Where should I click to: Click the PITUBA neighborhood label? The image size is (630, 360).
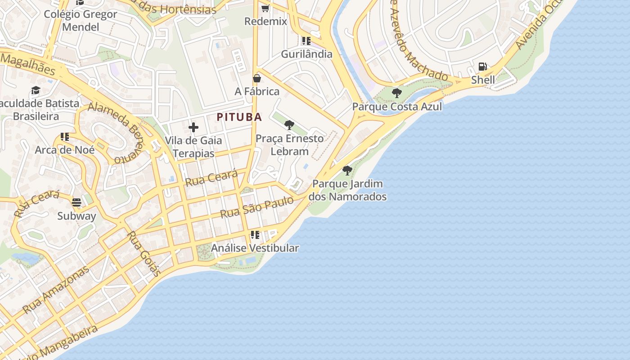pos(239,117)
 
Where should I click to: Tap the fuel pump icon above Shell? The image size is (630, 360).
pos(483,67)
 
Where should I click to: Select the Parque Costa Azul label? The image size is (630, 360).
pos(397,107)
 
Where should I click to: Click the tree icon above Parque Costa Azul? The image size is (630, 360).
pos(396,93)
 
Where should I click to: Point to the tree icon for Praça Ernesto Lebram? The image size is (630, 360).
pos(289,125)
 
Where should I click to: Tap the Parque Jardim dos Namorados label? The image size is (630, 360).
pos(347,190)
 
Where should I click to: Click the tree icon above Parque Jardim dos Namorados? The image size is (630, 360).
pos(347,170)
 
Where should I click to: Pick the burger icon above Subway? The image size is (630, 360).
pos(76,202)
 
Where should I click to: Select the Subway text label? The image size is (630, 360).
pos(76,216)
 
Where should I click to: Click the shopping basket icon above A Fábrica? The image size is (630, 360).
pos(257,78)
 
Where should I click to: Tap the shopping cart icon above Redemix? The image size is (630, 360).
pos(265,8)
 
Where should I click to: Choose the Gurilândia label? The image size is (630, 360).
pos(306,54)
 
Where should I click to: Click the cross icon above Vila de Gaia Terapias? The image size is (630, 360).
pos(193,127)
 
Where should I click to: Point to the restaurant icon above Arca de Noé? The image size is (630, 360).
pos(65,136)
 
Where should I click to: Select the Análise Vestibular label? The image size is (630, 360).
pos(255,248)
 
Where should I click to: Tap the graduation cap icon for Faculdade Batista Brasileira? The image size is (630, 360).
pos(36,90)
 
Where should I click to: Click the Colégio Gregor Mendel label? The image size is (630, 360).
pos(81,20)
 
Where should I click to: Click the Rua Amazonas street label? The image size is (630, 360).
pos(56,290)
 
